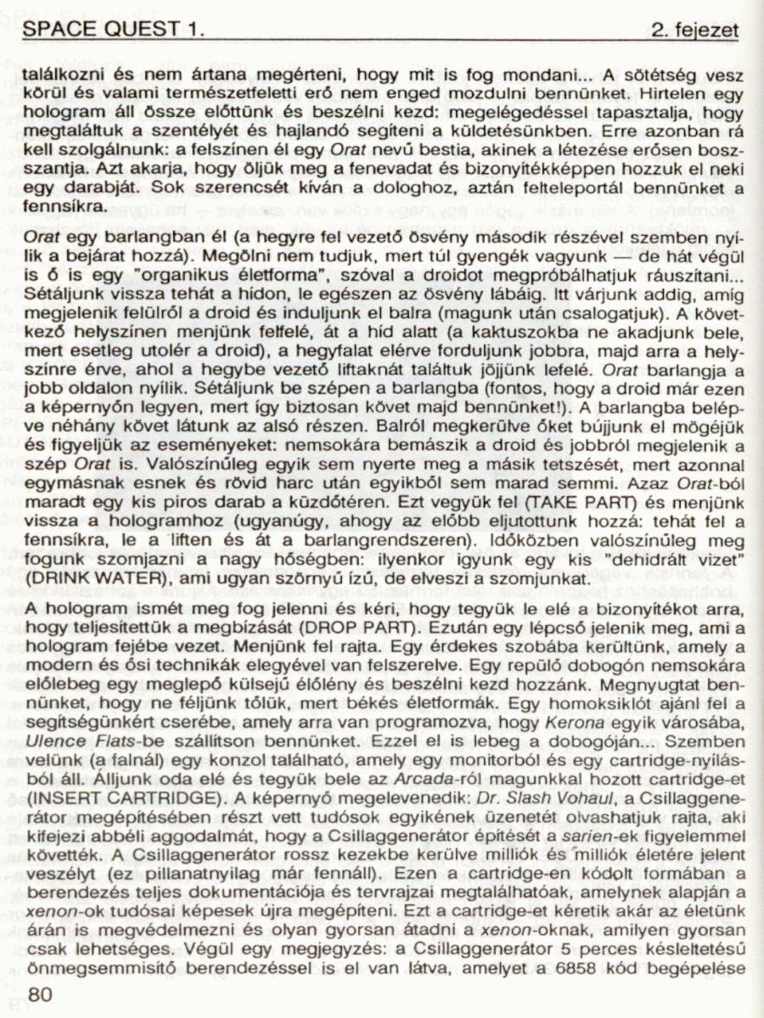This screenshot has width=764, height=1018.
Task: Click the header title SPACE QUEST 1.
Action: tap(114, 30)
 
